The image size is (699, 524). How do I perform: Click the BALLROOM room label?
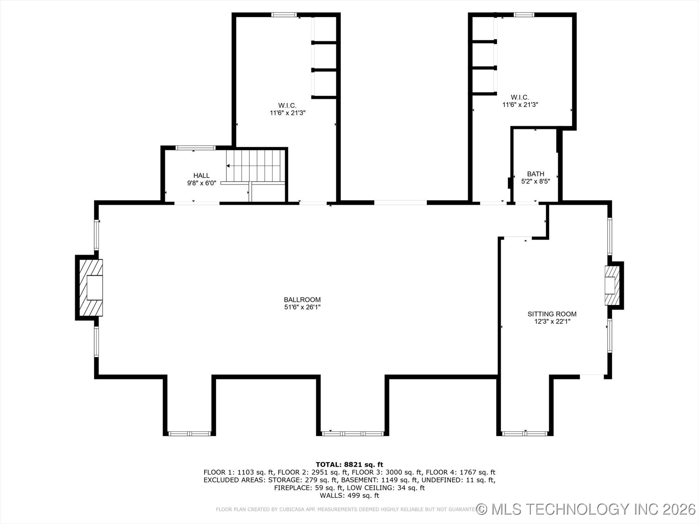tap(302, 300)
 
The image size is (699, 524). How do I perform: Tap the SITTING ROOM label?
tap(552, 314)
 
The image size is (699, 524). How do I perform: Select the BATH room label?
tap(536, 174)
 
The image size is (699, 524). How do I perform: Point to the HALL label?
tap(201, 176)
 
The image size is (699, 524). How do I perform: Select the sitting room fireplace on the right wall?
tap(613, 285)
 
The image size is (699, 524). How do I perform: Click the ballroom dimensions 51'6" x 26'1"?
tap(302, 307)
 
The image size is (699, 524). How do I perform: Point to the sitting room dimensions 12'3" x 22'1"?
tap(552, 322)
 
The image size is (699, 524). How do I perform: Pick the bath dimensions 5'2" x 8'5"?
tap(536, 182)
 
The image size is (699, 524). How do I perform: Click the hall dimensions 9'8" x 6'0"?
tap(201, 183)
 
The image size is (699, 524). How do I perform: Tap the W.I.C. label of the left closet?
tap(287, 106)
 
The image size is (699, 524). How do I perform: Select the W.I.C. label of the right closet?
tap(520, 97)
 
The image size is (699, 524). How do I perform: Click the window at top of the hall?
tap(196, 148)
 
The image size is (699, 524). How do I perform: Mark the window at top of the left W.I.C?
tap(284, 15)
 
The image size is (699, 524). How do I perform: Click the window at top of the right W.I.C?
tap(524, 15)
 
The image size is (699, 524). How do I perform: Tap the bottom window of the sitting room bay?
tap(525, 433)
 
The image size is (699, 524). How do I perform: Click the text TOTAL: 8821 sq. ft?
tap(349, 465)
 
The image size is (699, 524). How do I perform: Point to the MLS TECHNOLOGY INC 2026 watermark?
tap(587, 509)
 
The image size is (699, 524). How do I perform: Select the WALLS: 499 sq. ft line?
tap(349, 496)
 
